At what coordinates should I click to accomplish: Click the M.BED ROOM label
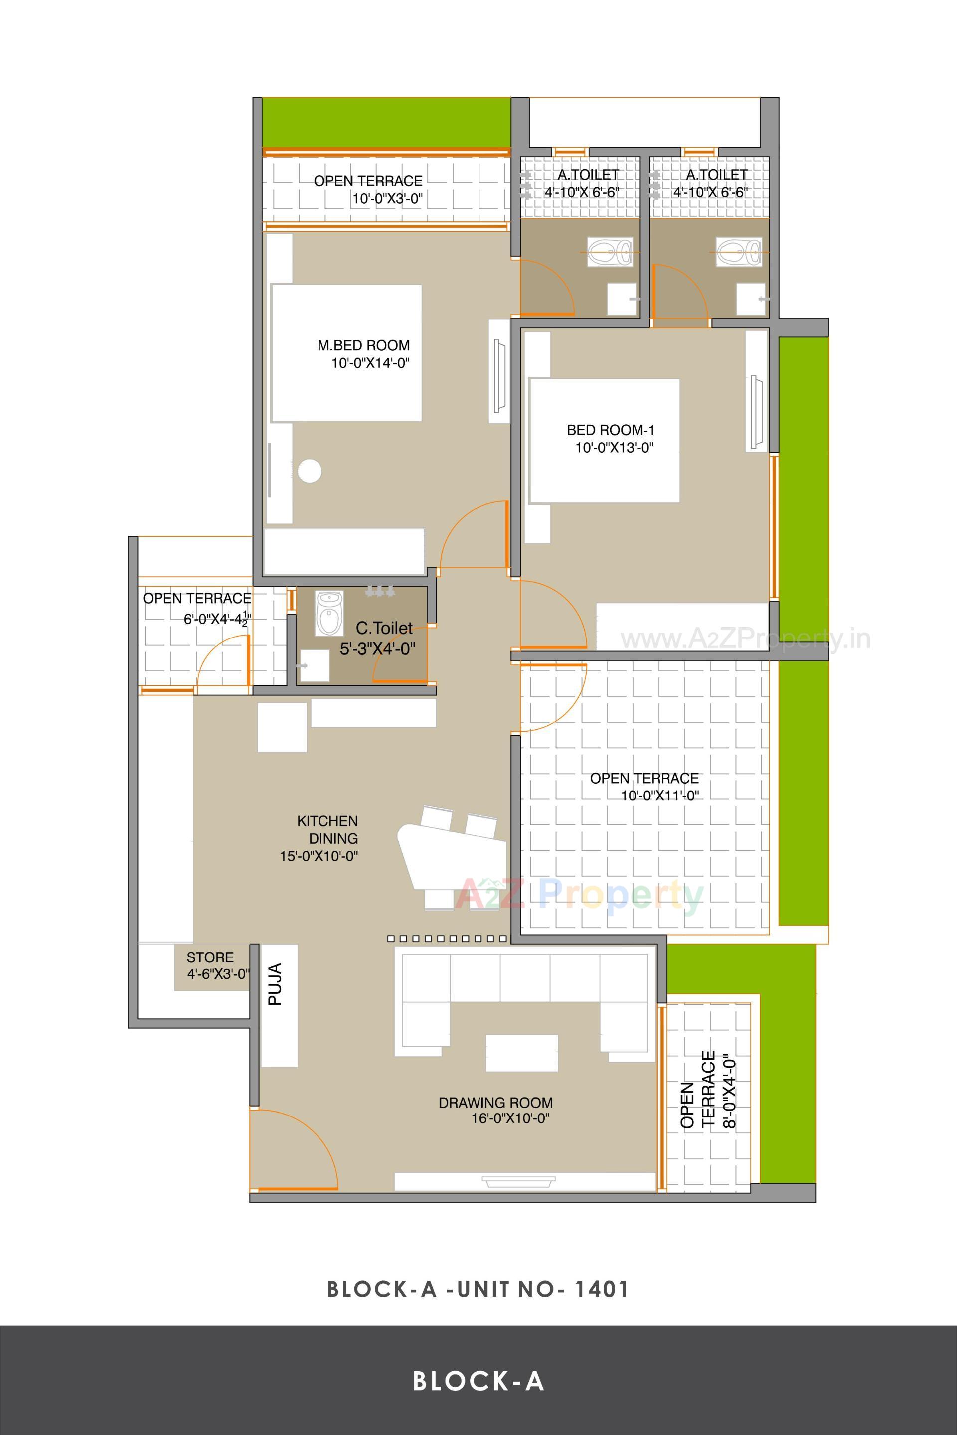pos(363,345)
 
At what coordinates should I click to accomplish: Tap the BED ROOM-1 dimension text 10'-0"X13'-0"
pos(614,448)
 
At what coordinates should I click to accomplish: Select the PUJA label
pos(275,984)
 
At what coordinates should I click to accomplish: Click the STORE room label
pos(210,957)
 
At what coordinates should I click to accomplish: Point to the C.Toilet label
pos(384,628)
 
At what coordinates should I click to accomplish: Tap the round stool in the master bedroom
pos(310,471)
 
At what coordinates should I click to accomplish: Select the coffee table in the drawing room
pos(521,1053)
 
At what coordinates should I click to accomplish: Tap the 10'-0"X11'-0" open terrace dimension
pos(659,796)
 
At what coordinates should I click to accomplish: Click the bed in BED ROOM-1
pos(604,440)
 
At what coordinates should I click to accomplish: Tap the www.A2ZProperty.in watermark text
pos(745,639)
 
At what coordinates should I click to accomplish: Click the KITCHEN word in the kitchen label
pos(327,821)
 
